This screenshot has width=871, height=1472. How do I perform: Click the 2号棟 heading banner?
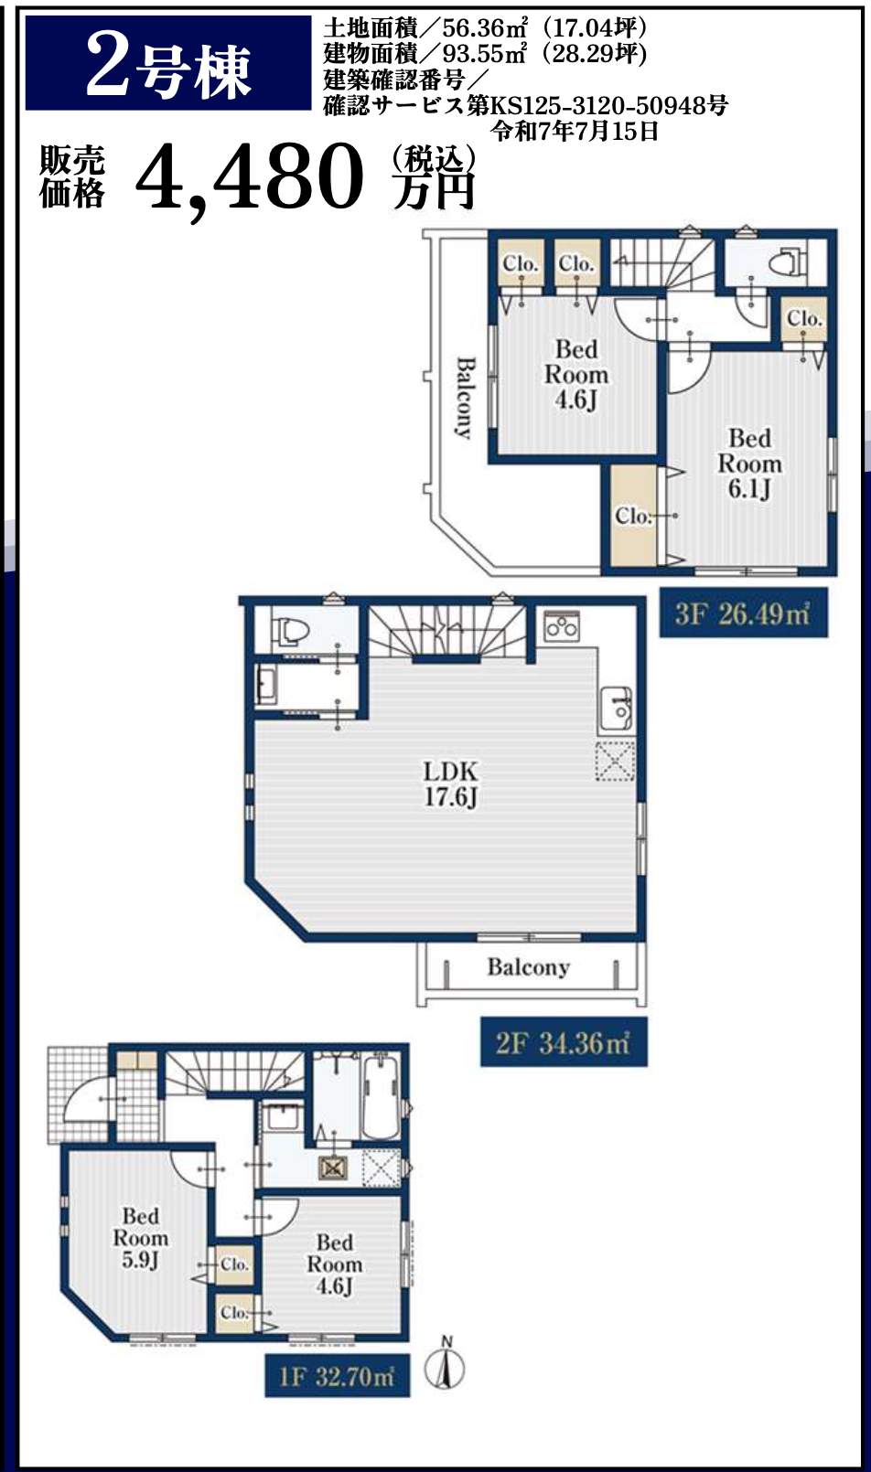(167, 64)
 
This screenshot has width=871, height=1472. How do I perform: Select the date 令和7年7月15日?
(575, 132)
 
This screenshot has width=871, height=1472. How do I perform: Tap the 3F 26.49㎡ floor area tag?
(744, 614)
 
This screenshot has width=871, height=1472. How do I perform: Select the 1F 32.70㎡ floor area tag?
(338, 1375)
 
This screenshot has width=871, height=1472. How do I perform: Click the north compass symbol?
(446, 1368)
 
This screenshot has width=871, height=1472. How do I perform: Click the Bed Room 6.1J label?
(749, 464)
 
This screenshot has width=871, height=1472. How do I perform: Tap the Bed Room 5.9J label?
(140, 1238)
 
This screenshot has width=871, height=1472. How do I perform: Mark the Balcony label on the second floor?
(529, 967)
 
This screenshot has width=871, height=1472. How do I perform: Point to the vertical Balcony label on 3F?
(464, 397)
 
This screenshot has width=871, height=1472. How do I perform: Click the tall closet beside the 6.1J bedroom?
(633, 515)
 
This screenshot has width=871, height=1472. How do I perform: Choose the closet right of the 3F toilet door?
(804, 319)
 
